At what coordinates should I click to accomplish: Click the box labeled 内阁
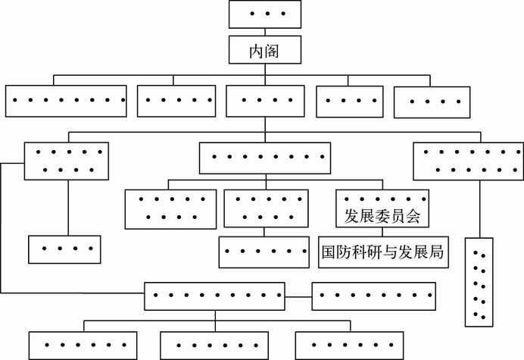click(264, 52)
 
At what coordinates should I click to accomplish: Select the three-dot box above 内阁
click(264, 15)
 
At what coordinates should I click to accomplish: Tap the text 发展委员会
click(383, 218)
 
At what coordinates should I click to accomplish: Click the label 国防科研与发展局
click(383, 252)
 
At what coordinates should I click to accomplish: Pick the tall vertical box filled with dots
click(479, 282)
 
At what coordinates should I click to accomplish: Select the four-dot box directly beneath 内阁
click(264, 100)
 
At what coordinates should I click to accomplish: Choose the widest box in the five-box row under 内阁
click(66, 100)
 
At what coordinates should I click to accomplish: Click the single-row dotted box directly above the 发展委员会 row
click(264, 158)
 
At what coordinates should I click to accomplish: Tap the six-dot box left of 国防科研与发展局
click(264, 252)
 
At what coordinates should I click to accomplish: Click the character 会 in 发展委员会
click(413, 218)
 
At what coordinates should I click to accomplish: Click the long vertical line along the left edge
click(2, 227)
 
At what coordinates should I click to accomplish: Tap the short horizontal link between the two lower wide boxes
click(298, 295)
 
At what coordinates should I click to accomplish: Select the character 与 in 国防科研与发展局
click(383, 252)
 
